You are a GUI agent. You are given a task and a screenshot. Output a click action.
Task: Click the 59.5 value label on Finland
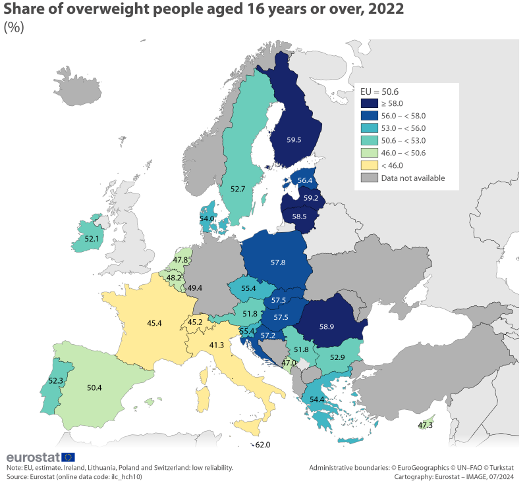[294, 140]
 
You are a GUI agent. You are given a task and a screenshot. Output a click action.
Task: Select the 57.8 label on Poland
[278, 263]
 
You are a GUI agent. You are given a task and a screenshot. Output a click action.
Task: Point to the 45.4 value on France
[155, 323]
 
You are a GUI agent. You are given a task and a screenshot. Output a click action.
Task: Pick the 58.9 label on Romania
[329, 326]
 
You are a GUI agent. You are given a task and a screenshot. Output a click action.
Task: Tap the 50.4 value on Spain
[95, 388]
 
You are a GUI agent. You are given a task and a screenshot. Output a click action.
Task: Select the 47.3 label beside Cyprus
[426, 426]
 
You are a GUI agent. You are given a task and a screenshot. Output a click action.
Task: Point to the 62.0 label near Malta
[263, 445]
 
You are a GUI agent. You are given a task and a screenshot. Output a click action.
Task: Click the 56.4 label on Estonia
[305, 180]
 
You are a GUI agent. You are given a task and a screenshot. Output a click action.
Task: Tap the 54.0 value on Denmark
[207, 218]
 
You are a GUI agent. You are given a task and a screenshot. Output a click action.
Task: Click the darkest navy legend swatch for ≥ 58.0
[369, 103]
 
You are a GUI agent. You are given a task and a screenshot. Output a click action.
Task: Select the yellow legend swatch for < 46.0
[369, 165]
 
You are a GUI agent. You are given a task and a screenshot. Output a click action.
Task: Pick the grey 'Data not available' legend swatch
[369, 178]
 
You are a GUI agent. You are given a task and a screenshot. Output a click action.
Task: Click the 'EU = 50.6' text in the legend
[379, 91]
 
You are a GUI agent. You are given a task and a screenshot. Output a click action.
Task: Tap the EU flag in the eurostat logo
[69, 457]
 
